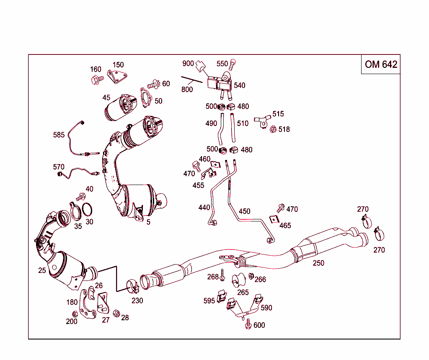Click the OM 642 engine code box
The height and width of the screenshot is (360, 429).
[x=380, y=64]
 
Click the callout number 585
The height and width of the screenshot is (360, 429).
[x=59, y=135]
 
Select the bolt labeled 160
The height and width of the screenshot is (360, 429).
[x=96, y=79]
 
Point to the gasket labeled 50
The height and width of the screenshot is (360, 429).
[x=146, y=96]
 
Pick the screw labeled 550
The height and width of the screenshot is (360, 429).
[x=233, y=65]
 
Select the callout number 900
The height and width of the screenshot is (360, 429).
[x=188, y=64]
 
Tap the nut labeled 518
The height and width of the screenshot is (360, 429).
[x=272, y=129]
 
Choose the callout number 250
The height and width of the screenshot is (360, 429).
[x=318, y=263]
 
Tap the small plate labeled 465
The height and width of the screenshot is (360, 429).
[x=274, y=220]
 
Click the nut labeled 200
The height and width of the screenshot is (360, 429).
[x=75, y=314]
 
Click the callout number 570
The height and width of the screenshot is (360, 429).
[x=59, y=167]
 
